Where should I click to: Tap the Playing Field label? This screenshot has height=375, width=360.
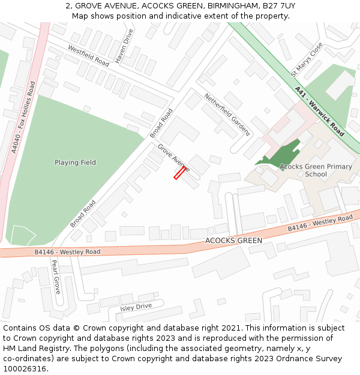(75, 163)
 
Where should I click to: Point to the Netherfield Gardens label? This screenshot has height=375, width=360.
(227, 114)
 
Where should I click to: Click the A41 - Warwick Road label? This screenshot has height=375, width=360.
(319, 111)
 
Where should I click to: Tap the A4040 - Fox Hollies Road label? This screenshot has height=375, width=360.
(23, 118)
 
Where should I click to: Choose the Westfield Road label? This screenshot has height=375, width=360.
(88, 55)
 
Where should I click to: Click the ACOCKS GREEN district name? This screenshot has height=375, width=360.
(233, 241)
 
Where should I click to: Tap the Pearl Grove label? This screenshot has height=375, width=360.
(56, 276)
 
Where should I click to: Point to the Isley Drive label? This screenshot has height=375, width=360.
(136, 307)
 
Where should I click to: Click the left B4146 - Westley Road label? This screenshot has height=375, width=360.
(67, 252)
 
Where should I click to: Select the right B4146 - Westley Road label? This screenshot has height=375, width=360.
(320, 223)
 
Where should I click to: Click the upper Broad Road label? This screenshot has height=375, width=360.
(161, 123)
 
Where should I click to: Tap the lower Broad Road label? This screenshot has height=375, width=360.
(83, 214)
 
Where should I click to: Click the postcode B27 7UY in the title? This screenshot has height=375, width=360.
(278, 6)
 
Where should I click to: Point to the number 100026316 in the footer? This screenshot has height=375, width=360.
(24, 369)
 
